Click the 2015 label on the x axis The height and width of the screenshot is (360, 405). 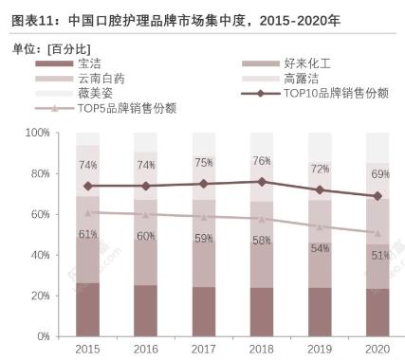click(87, 351)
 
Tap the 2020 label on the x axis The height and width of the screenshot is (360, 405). click(377, 351)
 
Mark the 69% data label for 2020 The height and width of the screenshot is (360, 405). click(377, 174)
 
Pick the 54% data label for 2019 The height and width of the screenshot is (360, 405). click(320, 248)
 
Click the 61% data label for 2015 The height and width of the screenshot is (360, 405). click(87, 234)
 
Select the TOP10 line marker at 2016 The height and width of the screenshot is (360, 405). click(146, 186)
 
